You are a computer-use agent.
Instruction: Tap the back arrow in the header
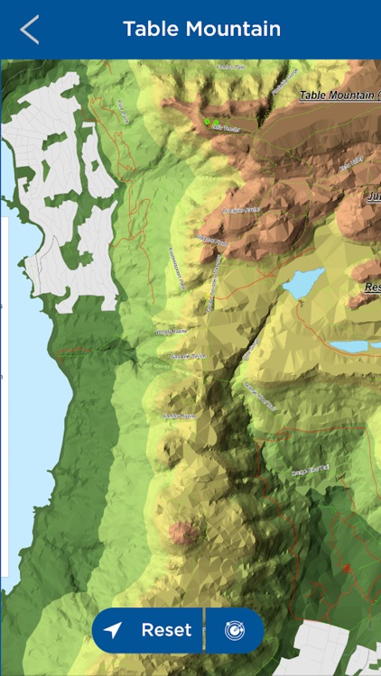pyautogui.click(x=30, y=29)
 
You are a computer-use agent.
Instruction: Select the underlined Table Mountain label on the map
pyautogui.click(x=339, y=95)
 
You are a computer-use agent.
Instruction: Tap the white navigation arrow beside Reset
pyautogui.click(x=113, y=630)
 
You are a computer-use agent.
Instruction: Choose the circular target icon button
pyautogui.click(x=235, y=630)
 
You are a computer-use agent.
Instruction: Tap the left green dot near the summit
pyautogui.click(x=207, y=121)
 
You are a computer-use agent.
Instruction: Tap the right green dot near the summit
pyautogui.click(x=217, y=122)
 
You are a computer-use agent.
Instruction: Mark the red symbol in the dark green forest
pyautogui.click(x=345, y=568)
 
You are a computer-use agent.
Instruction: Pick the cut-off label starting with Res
pyautogui.click(x=372, y=287)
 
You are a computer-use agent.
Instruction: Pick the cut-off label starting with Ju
pyautogui.click(x=373, y=196)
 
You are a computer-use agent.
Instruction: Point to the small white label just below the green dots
pyautogui.click(x=225, y=129)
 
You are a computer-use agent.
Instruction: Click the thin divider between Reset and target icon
pyautogui.click(x=206, y=630)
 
